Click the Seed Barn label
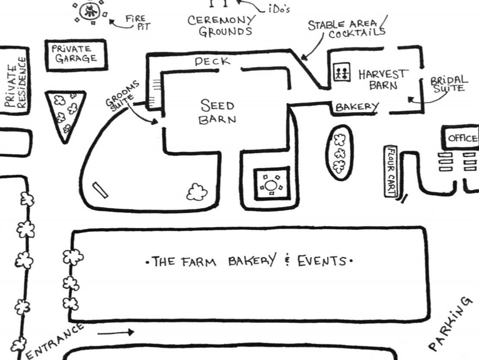pos(217,112)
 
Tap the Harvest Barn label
pos(383,79)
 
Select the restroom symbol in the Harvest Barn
pos(342,72)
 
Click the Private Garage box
pos(77,55)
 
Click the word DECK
pos(212,61)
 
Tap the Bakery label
pos(357,107)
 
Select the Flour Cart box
pos(391,171)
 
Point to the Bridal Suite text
pos(449,84)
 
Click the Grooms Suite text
pos(122,96)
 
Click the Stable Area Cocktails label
pos(347,29)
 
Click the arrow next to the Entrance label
pos(116,332)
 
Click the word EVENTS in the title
pos(322,261)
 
